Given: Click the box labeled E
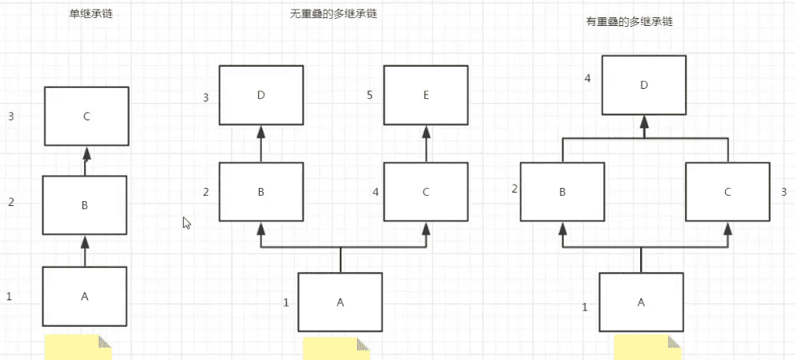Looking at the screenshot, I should click(426, 96).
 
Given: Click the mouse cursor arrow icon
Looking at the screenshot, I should click(186, 222).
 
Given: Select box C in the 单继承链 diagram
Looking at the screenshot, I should click(86, 116).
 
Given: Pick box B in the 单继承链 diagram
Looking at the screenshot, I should click(84, 205).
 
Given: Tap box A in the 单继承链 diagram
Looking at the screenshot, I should click(84, 296).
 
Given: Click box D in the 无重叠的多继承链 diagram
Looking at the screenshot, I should click(261, 96).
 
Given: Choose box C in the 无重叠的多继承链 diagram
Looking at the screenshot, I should click(426, 191).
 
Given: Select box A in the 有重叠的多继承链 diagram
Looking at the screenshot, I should click(641, 303).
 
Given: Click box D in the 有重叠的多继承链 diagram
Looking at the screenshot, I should click(644, 85).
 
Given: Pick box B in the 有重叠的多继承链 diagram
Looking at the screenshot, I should click(563, 191).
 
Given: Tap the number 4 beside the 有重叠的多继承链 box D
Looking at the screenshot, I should click(587, 79).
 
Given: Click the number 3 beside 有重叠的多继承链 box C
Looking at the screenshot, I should click(783, 191).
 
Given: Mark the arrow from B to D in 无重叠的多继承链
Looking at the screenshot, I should click(261, 143).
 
